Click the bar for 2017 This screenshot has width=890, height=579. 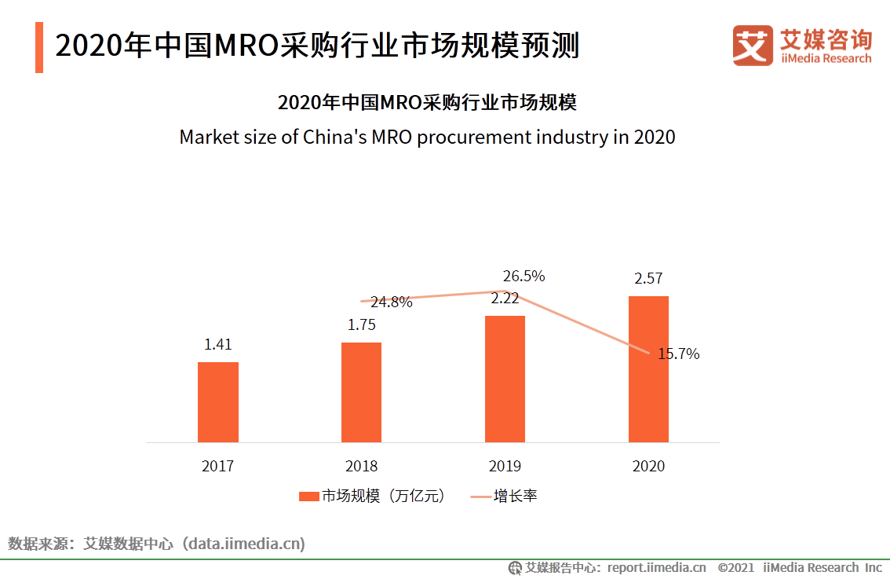click(x=217, y=401)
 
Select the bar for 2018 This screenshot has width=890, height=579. click(x=361, y=392)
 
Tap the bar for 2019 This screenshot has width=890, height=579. click(x=505, y=379)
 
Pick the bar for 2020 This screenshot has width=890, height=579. click(x=648, y=368)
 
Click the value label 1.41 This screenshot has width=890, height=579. click(x=218, y=344)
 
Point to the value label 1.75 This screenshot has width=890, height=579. click(x=362, y=325)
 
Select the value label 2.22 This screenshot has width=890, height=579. click(x=505, y=299)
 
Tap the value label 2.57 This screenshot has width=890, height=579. click(x=648, y=278)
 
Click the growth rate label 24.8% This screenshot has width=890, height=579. click(x=392, y=302)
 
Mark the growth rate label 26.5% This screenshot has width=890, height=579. click(x=523, y=277)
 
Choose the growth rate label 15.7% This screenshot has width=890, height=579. click(x=678, y=354)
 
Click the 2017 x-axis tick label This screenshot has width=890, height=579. click(x=217, y=466)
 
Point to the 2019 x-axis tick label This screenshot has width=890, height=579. click(x=505, y=466)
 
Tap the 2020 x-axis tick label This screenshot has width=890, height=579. click(x=648, y=466)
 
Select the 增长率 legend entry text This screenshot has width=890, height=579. click(x=515, y=496)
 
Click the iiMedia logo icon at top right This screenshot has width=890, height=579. click(x=753, y=45)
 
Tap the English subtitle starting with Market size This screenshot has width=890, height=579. click(x=427, y=137)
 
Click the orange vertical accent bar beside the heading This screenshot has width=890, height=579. click(x=39, y=47)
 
